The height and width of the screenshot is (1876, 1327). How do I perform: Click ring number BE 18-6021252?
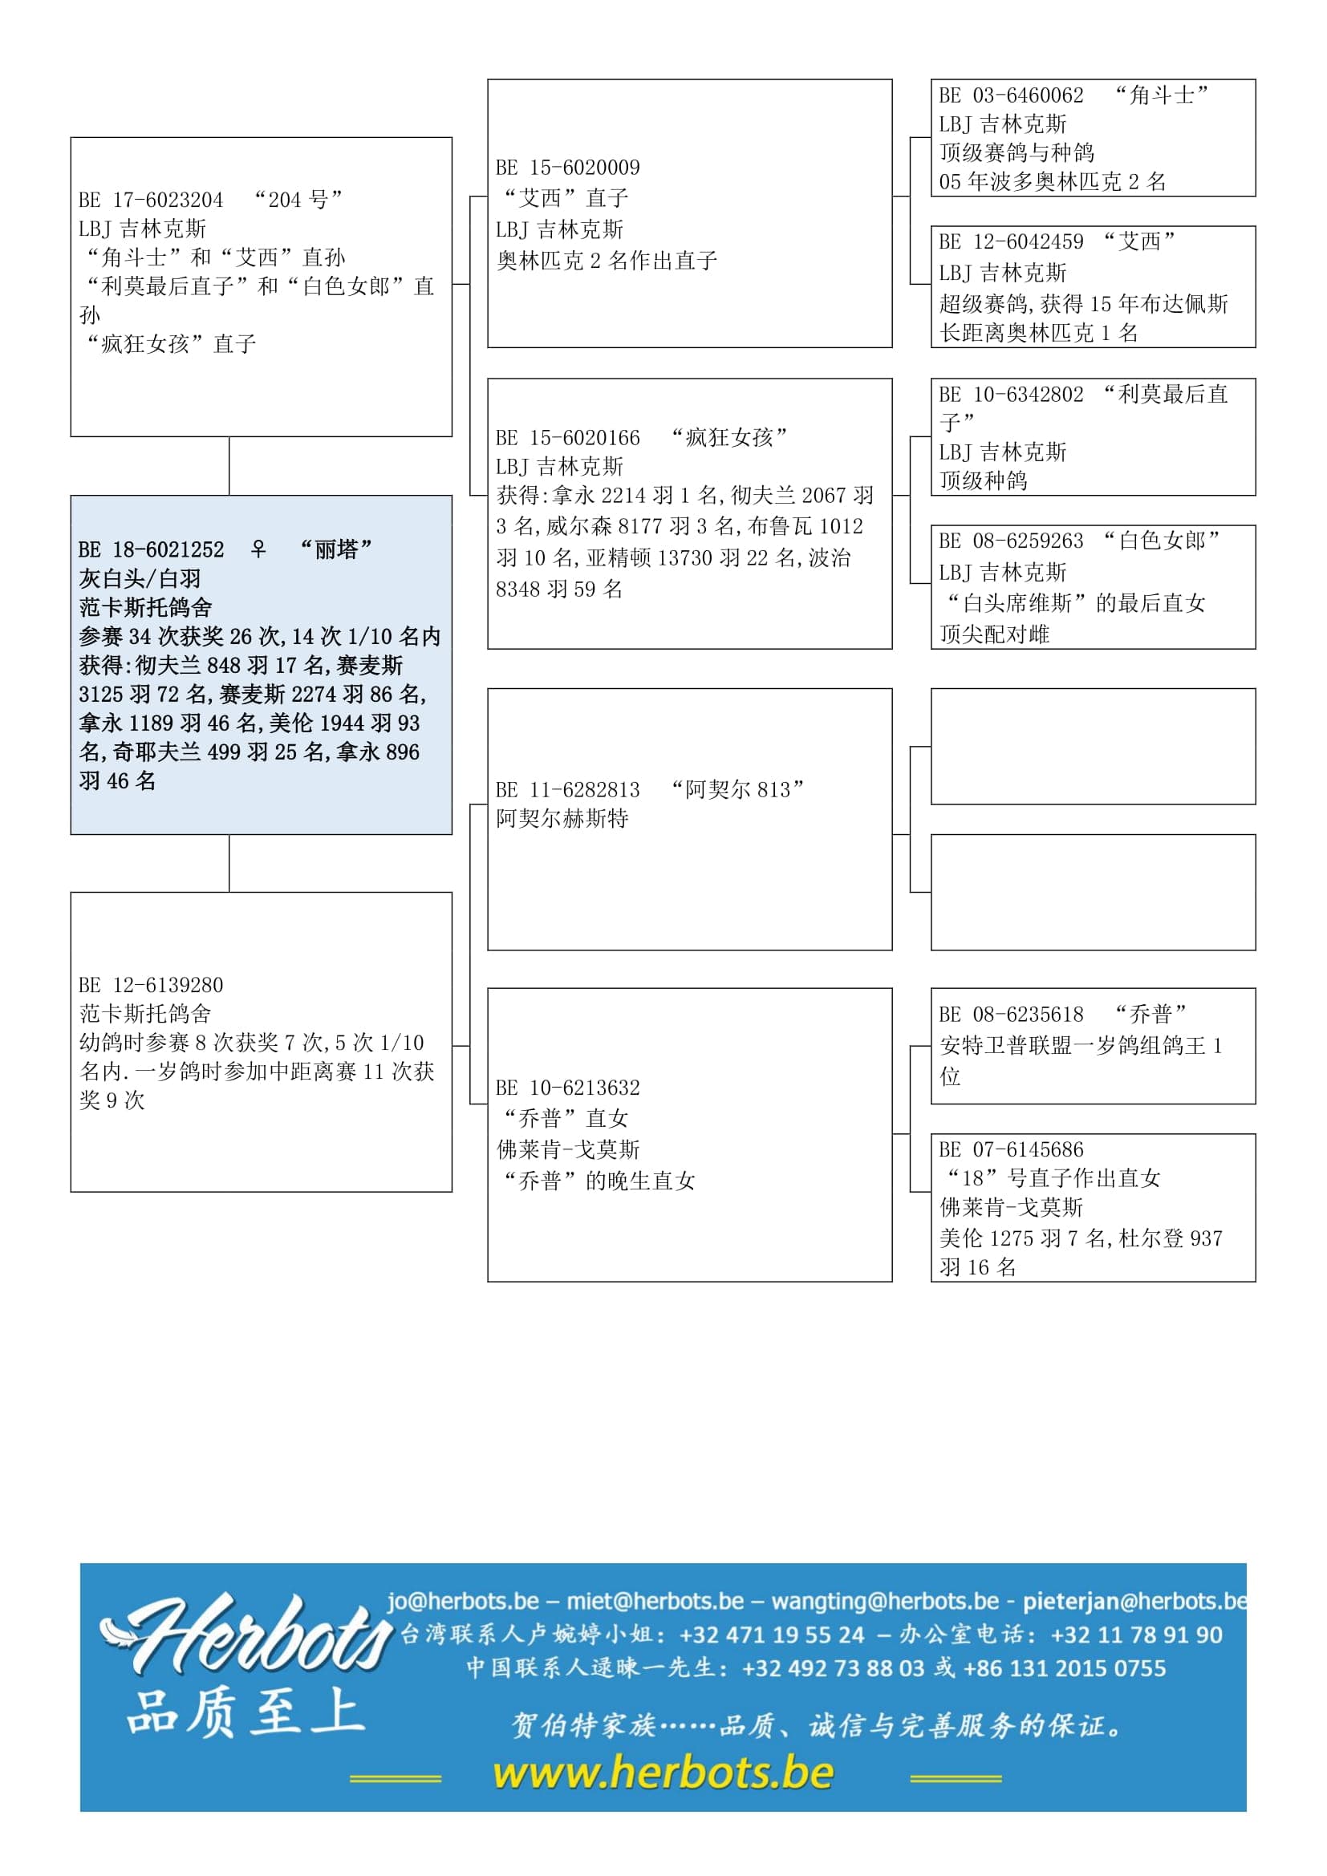click(150, 550)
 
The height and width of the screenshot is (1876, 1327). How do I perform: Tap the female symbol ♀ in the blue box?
click(258, 549)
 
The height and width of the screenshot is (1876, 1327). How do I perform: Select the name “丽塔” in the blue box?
click(336, 549)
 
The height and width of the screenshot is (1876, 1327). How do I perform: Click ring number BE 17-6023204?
click(150, 201)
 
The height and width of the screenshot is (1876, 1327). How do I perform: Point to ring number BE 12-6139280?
click(150, 986)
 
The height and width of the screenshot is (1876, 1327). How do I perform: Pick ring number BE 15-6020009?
click(567, 168)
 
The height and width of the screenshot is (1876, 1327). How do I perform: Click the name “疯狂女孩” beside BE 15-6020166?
click(728, 438)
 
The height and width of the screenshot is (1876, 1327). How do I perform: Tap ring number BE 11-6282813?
click(567, 790)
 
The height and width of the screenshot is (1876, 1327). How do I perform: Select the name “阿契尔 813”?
click(737, 790)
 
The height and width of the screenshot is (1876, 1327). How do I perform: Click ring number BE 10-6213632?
click(567, 1088)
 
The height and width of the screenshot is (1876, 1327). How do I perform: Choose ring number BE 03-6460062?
click(1011, 95)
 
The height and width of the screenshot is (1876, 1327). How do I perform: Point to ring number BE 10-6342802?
click(1011, 395)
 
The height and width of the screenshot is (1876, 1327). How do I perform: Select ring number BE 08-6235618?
click(1011, 1015)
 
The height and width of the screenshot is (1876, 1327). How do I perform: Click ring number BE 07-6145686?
click(1011, 1150)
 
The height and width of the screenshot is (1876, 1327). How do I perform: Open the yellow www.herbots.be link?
click(663, 1774)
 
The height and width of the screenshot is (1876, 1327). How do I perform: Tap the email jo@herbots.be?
click(462, 1601)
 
